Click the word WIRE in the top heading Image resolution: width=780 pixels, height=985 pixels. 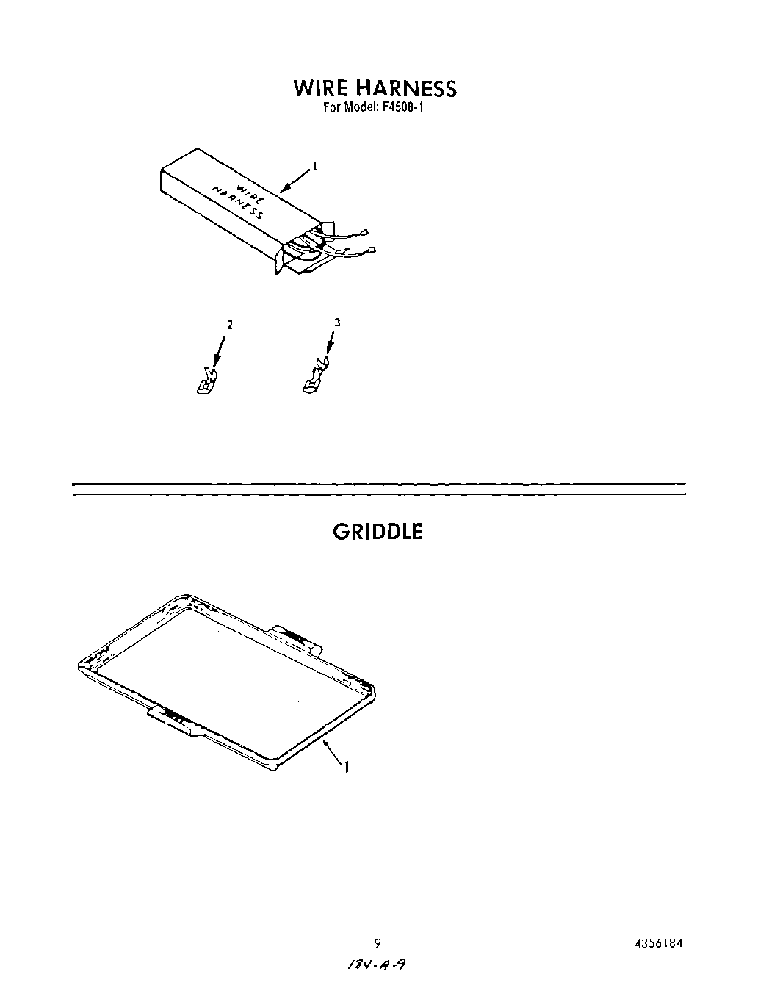tap(321, 88)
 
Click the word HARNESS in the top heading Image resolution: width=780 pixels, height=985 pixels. tap(406, 88)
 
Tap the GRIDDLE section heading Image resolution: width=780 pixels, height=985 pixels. tap(378, 532)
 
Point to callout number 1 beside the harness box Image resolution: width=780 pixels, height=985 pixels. tap(314, 167)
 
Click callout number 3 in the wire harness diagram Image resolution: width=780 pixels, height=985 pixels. tap(337, 322)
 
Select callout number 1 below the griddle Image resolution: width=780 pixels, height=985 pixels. tap(346, 767)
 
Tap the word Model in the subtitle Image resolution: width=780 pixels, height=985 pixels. tap(360, 106)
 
